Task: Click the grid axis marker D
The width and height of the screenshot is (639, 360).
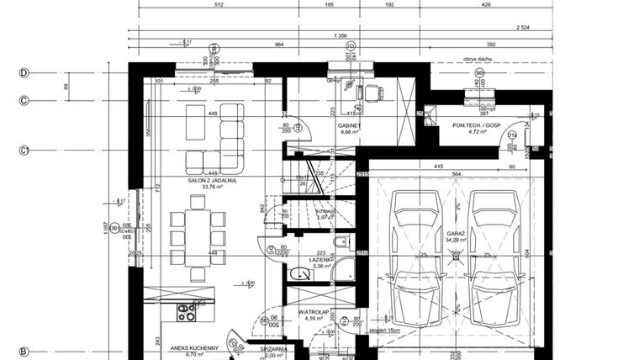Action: click(24, 73)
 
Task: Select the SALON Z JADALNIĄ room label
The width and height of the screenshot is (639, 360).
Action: click(212, 180)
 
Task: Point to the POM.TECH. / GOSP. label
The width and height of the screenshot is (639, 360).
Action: click(476, 126)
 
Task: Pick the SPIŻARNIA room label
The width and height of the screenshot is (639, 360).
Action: click(274, 347)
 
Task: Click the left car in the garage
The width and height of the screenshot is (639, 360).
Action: click(417, 257)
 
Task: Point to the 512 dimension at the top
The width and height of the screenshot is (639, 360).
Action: click(219, 4)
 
